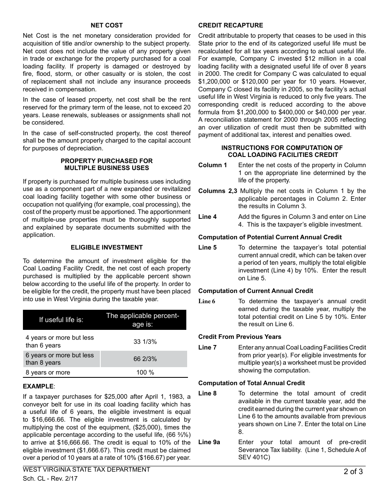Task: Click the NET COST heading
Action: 106,25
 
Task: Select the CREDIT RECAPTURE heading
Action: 231,25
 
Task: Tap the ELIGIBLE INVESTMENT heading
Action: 106,247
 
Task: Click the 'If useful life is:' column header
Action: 61,320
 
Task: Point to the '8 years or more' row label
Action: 48,372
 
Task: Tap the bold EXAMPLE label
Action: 38,386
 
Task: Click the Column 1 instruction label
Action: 213,165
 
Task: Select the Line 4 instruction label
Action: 208,217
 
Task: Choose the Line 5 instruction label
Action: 208,247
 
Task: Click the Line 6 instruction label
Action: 207,301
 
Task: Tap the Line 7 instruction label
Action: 208,347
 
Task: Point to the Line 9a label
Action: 209,442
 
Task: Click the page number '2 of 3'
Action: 353,472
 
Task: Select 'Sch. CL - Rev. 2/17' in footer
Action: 50,478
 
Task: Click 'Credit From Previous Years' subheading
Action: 240,337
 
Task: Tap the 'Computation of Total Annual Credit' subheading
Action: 251,383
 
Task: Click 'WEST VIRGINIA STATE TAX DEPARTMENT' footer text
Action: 86,470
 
